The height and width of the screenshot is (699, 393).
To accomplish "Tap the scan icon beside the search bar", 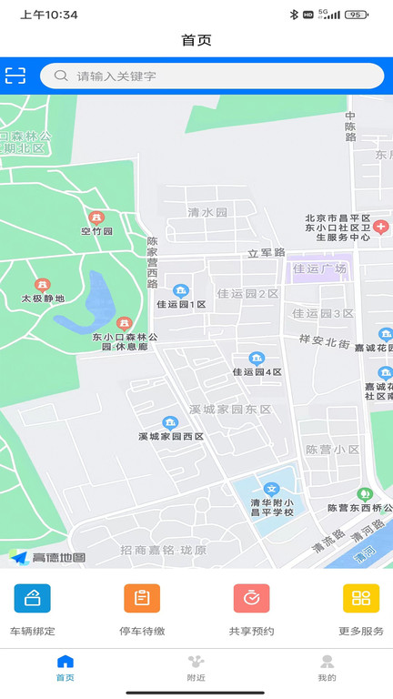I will [15, 76].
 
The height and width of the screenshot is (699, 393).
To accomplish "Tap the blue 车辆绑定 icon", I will [33, 598].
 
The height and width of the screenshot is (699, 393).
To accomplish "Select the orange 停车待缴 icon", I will [142, 598].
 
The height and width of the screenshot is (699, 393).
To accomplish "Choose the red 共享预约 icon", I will [251, 598].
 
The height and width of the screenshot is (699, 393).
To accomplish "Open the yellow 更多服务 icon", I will [361, 598].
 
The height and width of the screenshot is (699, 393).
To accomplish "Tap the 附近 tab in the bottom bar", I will [196, 667].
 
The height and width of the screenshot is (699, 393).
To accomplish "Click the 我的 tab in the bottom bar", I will [327, 667].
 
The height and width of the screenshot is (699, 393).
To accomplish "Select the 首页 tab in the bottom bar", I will [65, 667].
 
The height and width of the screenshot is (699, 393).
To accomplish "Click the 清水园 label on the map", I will [207, 212].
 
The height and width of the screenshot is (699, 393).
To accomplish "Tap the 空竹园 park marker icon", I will [96, 218].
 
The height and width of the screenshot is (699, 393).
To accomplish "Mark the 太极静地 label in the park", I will [44, 298].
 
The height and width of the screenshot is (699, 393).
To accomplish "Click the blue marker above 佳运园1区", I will [181, 291].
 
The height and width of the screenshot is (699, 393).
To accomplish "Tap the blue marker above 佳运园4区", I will [257, 359].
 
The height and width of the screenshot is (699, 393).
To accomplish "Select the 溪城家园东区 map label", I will [230, 410].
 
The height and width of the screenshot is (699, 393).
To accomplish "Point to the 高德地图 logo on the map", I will [48, 557].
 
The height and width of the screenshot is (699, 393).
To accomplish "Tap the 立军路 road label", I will [267, 252].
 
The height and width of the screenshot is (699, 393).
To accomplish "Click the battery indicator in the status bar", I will [357, 15].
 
